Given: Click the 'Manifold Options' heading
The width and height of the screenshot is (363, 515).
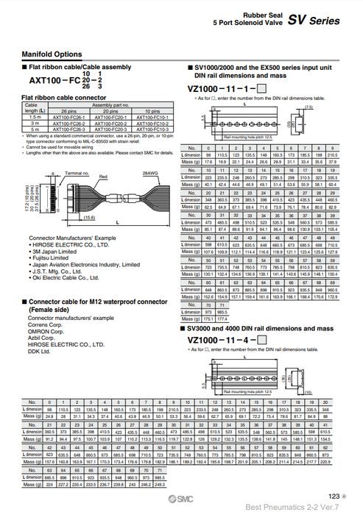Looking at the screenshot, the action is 51,54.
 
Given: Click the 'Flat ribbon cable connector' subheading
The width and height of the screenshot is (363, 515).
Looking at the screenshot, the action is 63,97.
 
